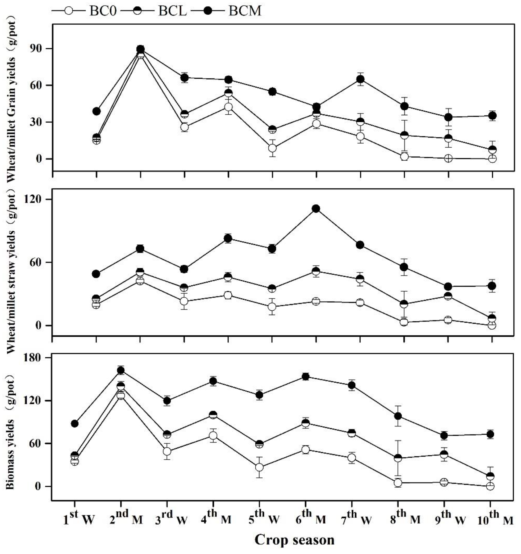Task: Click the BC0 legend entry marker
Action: click(69, 11)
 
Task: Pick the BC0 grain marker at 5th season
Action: click(273, 148)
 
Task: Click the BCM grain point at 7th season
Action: click(360, 79)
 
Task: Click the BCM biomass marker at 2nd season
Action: click(121, 370)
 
